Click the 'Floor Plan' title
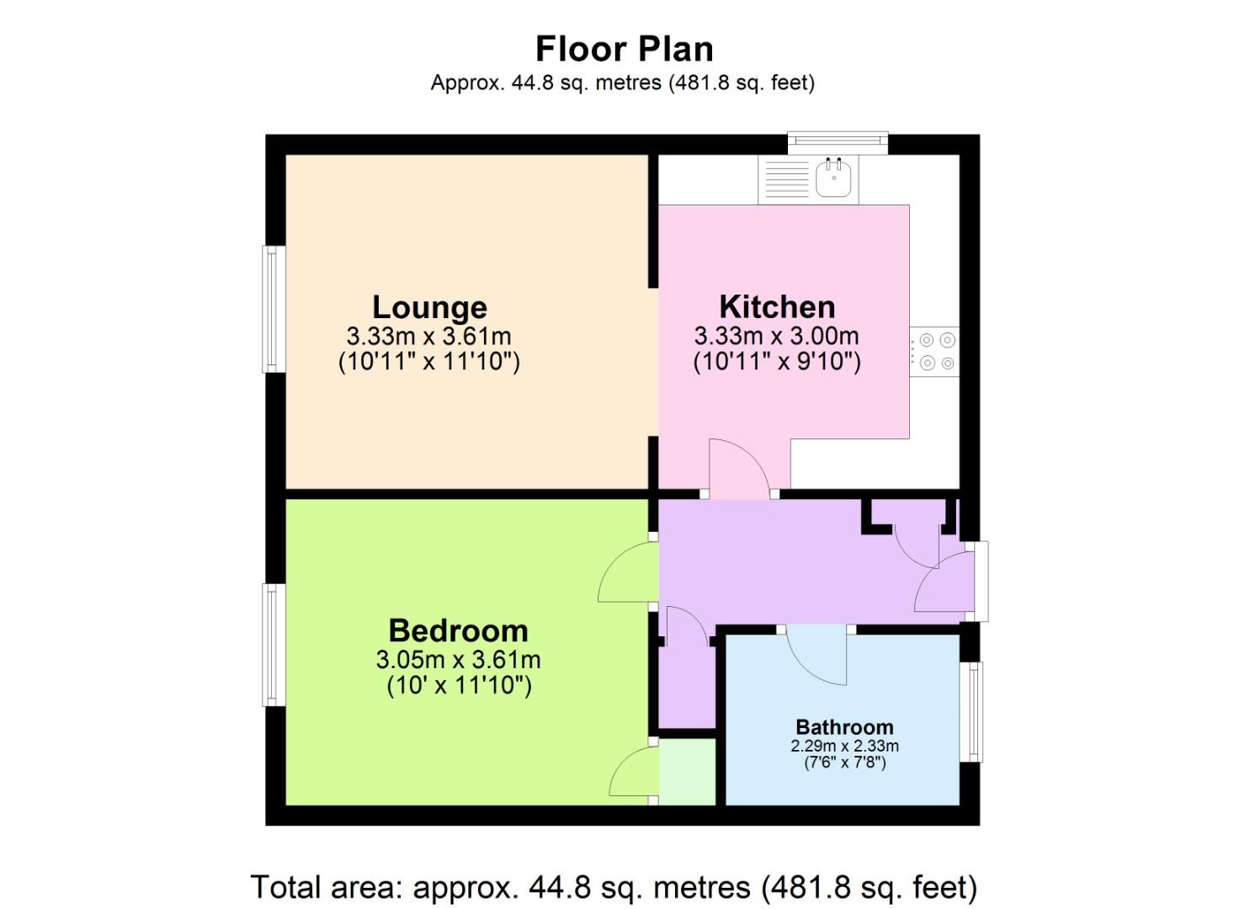(x=624, y=49)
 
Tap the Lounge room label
(x=429, y=307)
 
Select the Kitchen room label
(x=777, y=306)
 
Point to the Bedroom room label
(x=458, y=630)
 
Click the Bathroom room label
(x=844, y=726)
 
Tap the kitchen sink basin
(x=834, y=178)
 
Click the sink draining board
(x=787, y=179)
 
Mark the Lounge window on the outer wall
(x=272, y=309)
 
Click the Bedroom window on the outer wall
(x=272, y=645)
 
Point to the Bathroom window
(x=973, y=712)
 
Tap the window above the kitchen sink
(x=838, y=142)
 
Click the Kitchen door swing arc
(x=739, y=467)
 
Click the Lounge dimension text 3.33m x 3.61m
(x=429, y=336)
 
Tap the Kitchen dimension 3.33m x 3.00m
(x=777, y=336)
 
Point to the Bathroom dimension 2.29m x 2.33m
(x=844, y=746)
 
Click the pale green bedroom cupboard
(x=687, y=772)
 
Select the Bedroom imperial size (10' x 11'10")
(x=459, y=685)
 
